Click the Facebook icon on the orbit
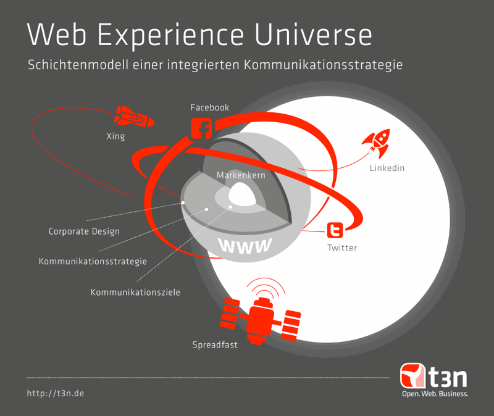(202, 128)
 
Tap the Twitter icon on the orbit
(335, 230)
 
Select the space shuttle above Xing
(134, 117)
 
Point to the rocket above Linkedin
(377, 143)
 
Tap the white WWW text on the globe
(245, 246)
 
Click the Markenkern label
(241, 175)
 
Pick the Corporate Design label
(84, 231)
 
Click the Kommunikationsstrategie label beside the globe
(93, 261)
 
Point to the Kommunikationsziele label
(135, 292)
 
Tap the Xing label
(115, 136)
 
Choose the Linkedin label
(387, 168)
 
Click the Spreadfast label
(215, 345)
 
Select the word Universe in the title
(313, 35)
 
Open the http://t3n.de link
(56, 393)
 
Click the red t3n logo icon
(412, 376)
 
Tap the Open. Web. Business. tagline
(435, 394)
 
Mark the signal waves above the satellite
(266, 286)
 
